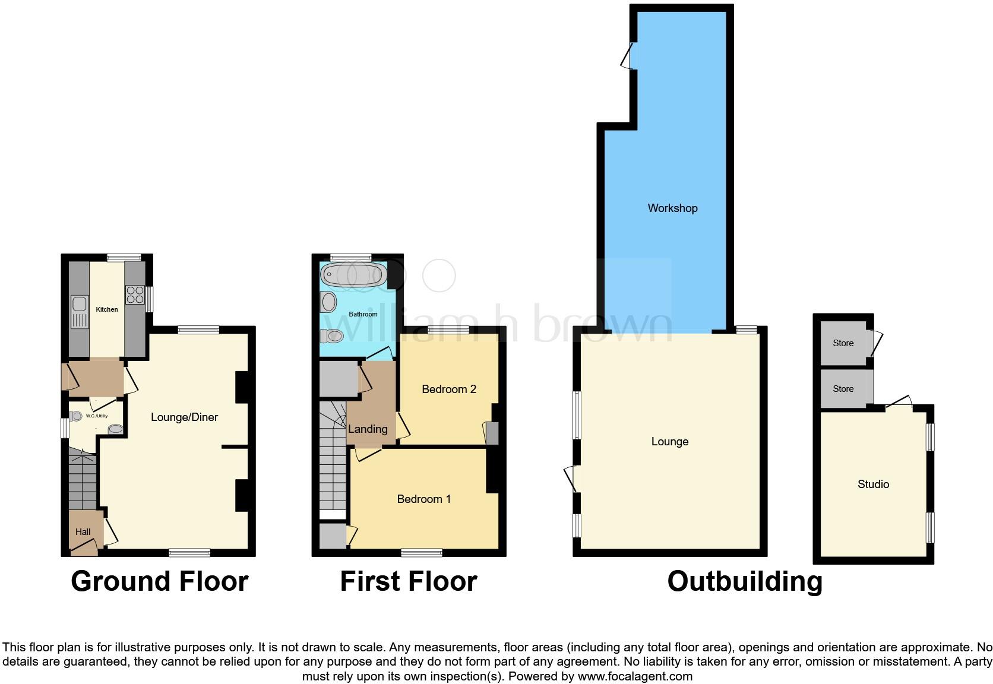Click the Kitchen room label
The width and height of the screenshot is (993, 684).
(107, 309)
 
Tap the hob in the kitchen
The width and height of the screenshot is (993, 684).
(135, 295)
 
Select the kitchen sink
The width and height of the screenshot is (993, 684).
(79, 311)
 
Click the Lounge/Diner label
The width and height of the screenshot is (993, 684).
(184, 417)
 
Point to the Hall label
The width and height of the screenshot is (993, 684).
(83, 532)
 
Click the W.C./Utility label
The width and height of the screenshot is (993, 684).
(97, 416)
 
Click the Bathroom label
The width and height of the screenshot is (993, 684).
(363, 314)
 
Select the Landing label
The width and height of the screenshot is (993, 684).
(368, 429)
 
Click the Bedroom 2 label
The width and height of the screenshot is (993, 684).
(449, 389)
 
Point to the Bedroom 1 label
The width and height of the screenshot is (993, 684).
(424, 499)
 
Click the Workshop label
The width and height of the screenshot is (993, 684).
(672, 208)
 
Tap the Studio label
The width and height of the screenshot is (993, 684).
(873, 484)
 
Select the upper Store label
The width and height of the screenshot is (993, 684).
(843, 343)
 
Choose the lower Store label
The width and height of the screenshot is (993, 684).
(843, 389)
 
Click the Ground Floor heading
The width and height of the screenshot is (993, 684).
(159, 581)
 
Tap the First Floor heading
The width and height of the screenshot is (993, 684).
(409, 581)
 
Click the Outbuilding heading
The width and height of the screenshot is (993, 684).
(745, 581)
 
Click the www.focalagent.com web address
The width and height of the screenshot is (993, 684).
(635, 676)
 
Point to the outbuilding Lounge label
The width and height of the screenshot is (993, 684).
(669, 442)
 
